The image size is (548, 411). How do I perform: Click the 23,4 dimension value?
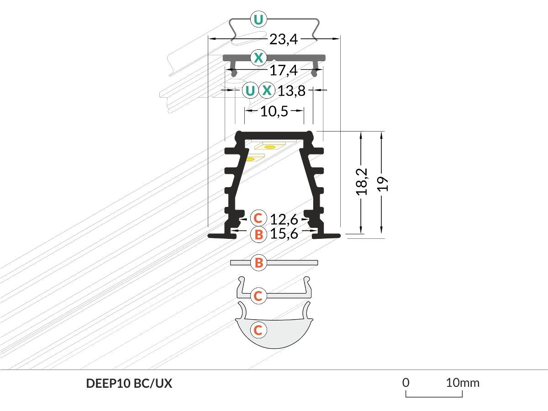[x=283, y=40]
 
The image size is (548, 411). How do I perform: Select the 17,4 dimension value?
[x=283, y=70]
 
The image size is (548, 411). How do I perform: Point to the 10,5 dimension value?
[x=274, y=111]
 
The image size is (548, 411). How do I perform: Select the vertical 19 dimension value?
[x=383, y=183]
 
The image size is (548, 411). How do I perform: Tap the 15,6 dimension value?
[x=284, y=234]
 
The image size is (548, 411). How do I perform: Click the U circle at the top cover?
[x=258, y=20]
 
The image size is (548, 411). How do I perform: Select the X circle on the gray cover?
[x=258, y=58]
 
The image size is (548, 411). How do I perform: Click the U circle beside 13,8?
[x=250, y=90]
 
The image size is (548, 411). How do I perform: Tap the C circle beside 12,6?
[x=258, y=217]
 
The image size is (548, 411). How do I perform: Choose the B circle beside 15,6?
[x=258, y=235]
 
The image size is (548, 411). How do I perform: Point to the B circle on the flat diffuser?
[x=258, y=263]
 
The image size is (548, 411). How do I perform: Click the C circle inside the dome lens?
[x=258, y=330]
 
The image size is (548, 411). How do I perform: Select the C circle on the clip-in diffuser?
[x=258, y=296]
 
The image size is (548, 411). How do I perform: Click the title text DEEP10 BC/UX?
[x=129, y=384]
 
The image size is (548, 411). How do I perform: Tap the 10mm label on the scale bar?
[x=463, y=382]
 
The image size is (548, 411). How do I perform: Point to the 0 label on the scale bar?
[x=406, y=382]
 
